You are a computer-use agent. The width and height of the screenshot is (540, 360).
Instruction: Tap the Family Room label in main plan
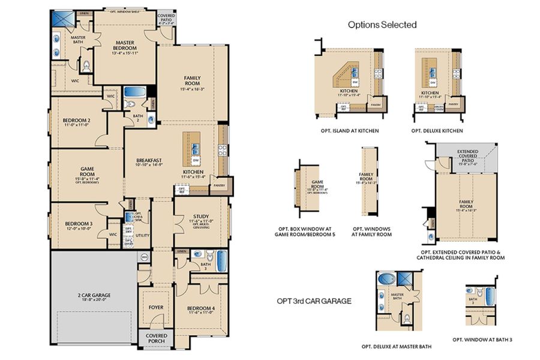[x=192, y=83]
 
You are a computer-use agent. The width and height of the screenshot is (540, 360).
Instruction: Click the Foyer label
[x=156, y=308]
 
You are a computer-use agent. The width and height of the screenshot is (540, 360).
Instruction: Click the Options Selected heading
[x=382, y=25]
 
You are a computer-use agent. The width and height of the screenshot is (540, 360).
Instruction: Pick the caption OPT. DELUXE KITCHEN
[x=437, y=130]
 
